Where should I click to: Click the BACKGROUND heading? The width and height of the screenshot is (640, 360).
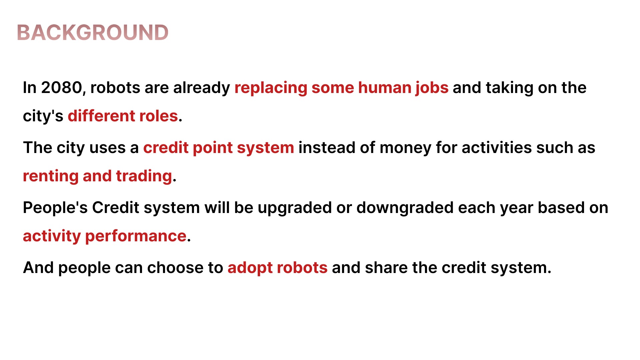click(93, 33)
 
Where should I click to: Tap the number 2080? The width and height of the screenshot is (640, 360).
click(62, 88)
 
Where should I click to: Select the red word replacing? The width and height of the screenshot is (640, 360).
click(271, 88)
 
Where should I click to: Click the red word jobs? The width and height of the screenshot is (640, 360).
click(432, 88)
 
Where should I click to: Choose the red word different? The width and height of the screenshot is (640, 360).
click(101, 116)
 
